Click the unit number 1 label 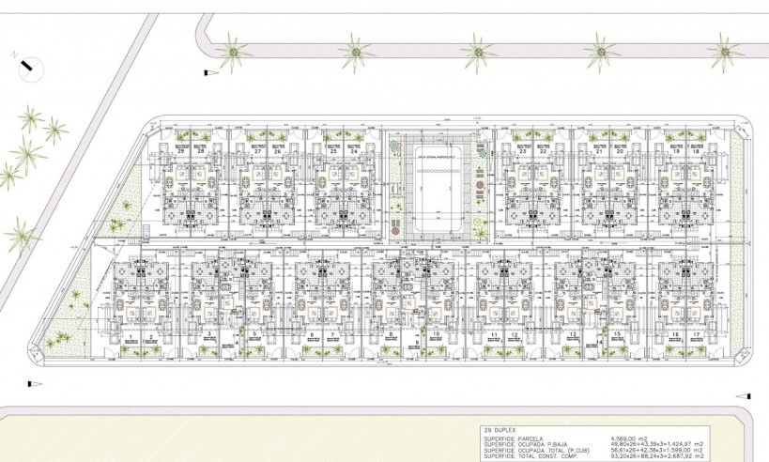pyautogui.click(x=130, y=335)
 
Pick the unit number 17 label pyautogui.click(x=697, y=335)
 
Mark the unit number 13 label pyautogui.click(x=571, y=335)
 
